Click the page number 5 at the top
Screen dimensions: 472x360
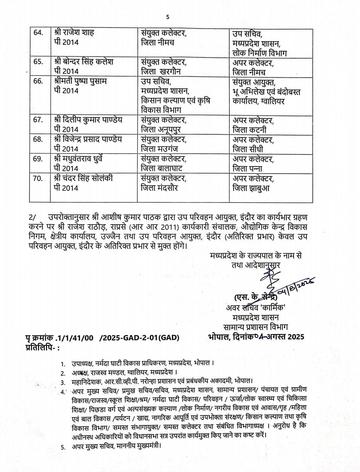tap(168, 17)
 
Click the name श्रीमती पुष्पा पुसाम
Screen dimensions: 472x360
tap(81, 82)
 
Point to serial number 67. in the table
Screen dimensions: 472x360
tap(37, 119)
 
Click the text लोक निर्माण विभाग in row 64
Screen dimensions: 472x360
tap(260, 53)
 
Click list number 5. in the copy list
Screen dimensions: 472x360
tap(63, 447)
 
